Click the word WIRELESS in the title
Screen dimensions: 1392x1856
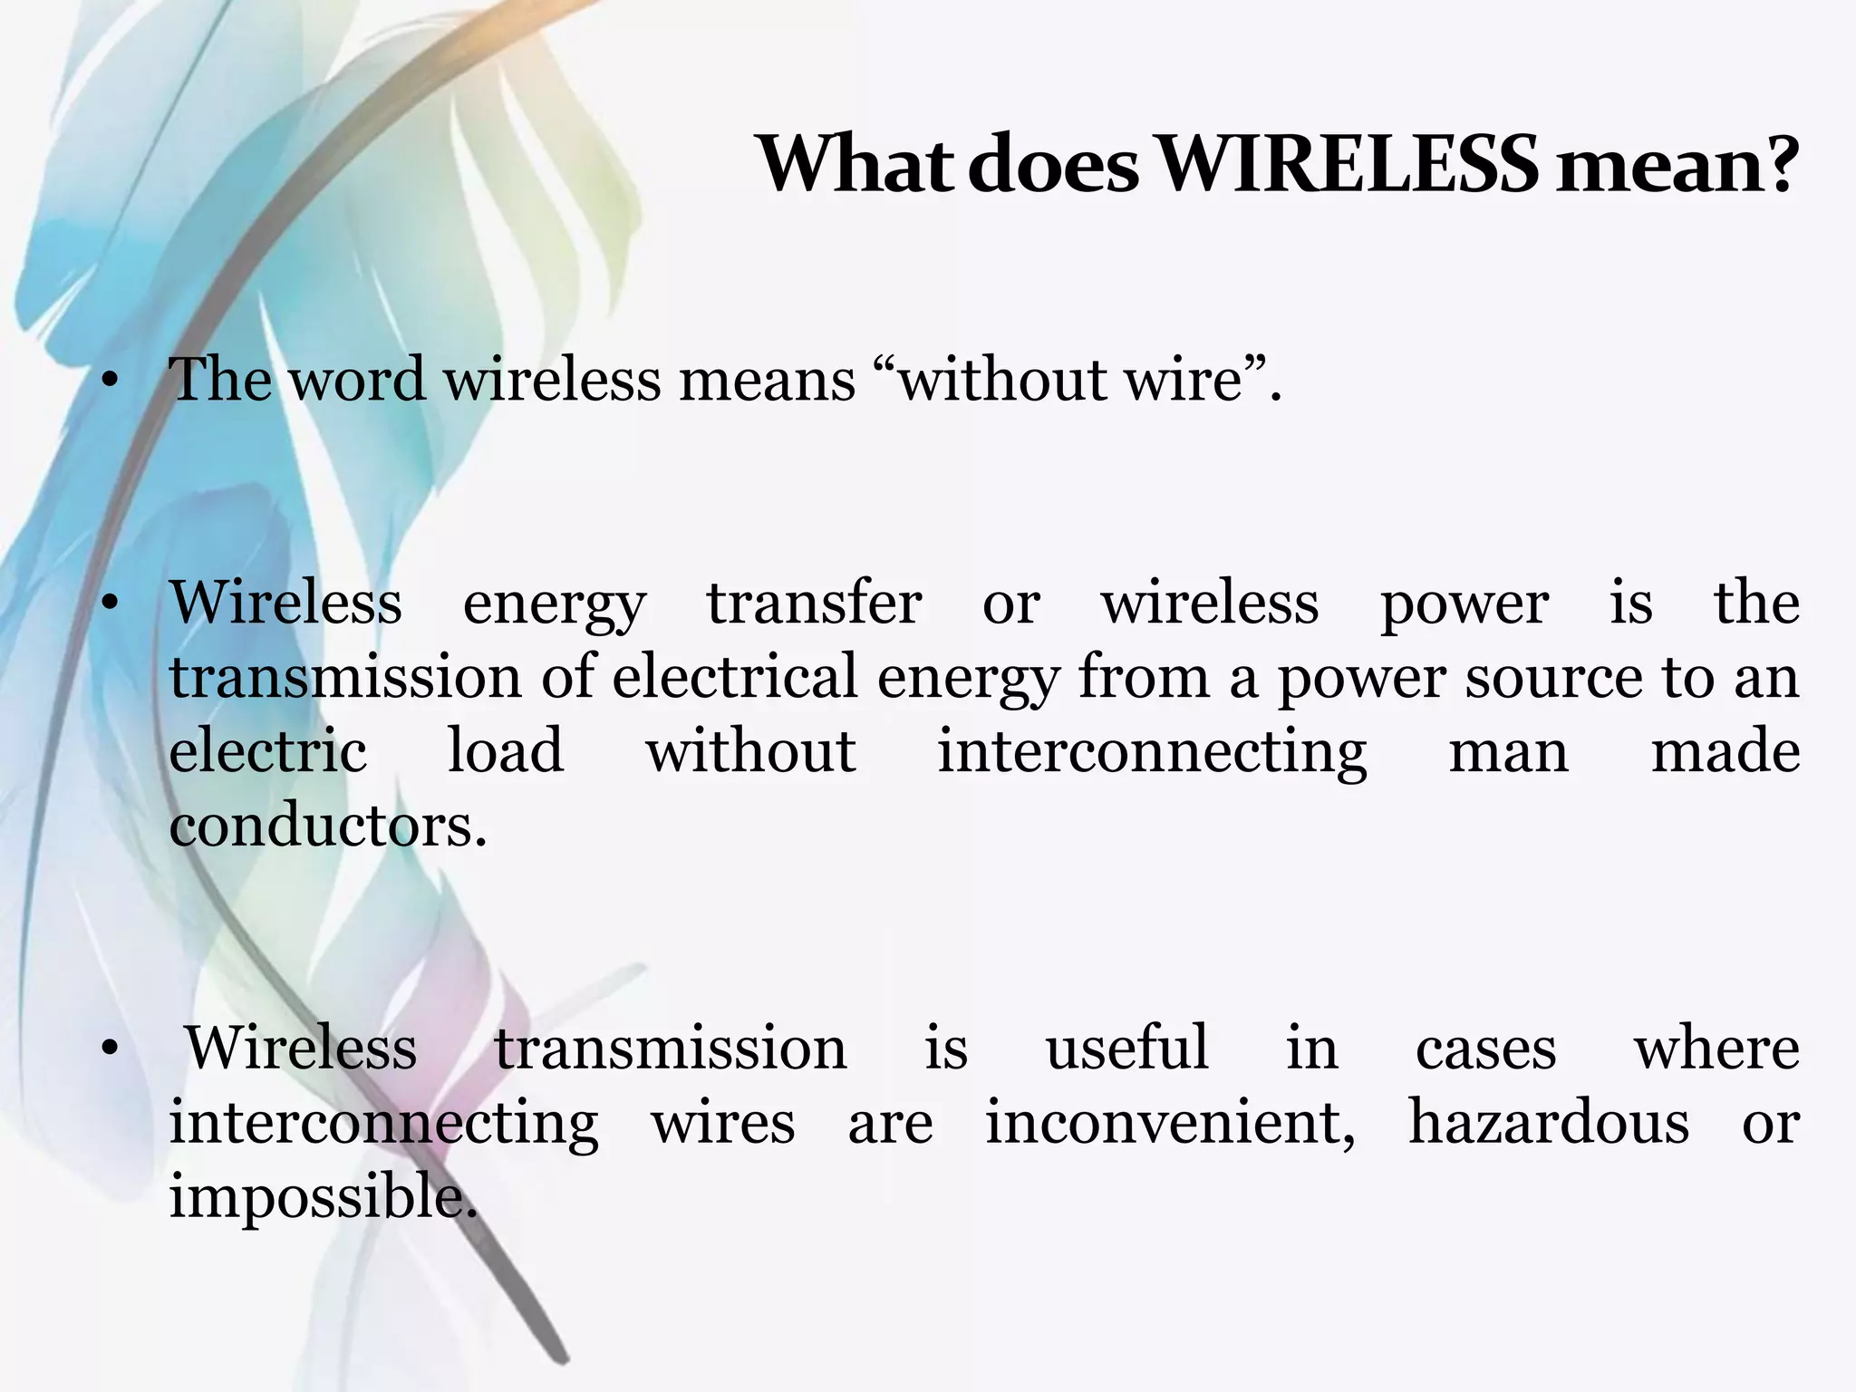(1348, 165)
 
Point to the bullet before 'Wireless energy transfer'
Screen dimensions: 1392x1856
(111, 604)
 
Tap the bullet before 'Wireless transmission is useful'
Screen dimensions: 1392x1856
(111, 1049)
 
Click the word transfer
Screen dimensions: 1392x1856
(814, 604)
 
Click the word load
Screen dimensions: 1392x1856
(506, 752)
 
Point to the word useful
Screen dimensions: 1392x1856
(1126, 1049)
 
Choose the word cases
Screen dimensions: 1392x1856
(1485, 1049)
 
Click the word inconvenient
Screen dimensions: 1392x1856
(1169, 1124)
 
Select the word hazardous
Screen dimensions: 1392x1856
(1548, 1124)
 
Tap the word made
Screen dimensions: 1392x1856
(1725, 752)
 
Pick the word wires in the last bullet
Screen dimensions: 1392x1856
(723, 1124)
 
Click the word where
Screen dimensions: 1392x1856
(1716, 1049)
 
